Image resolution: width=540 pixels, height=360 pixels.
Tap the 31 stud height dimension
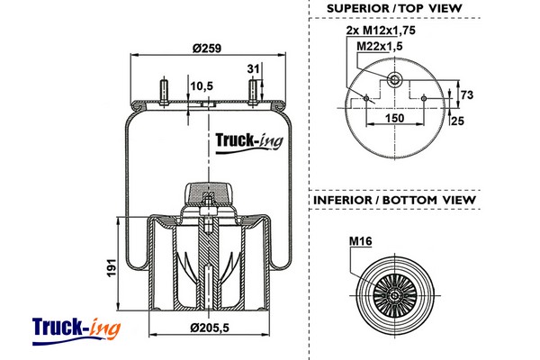point(254,68)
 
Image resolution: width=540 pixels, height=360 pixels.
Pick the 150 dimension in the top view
point(393,117)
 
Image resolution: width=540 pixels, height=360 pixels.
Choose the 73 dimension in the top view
point(466,94)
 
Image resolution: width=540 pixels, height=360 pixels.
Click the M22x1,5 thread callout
point(378,45)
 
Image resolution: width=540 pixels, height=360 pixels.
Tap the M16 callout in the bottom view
point(360,241)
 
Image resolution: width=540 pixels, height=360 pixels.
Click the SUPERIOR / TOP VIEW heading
point(394,8)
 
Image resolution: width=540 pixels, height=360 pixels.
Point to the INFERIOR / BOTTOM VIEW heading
point(394,199)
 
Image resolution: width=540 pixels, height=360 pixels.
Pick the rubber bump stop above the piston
point(209,192)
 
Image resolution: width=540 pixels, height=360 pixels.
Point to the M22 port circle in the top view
point(393,80)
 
